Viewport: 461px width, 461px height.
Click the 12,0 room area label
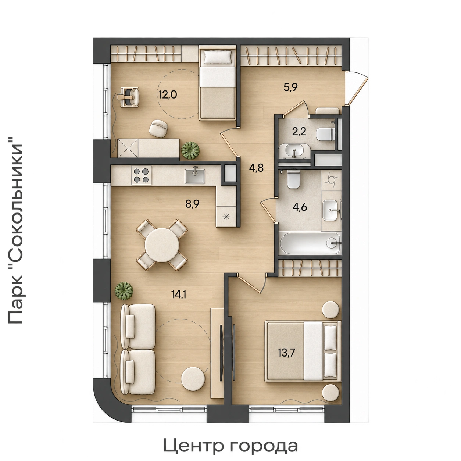click(x=168, y=95)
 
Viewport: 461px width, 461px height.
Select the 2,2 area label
click(x=299, y=132)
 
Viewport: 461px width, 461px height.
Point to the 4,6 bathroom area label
click(x=300, y=207)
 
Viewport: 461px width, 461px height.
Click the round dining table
click(x=162, y=245)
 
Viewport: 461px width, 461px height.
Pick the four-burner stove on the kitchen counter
click(x=141, y=175)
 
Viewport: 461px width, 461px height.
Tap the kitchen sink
click(x=195, y=176)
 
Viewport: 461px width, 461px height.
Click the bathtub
click(x=310, y=243)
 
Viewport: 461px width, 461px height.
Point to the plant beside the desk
click(x=190, y=150)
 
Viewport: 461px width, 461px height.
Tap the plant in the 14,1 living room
click(x=124, y=291)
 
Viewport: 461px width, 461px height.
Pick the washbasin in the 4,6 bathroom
click(x=331, y=210)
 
